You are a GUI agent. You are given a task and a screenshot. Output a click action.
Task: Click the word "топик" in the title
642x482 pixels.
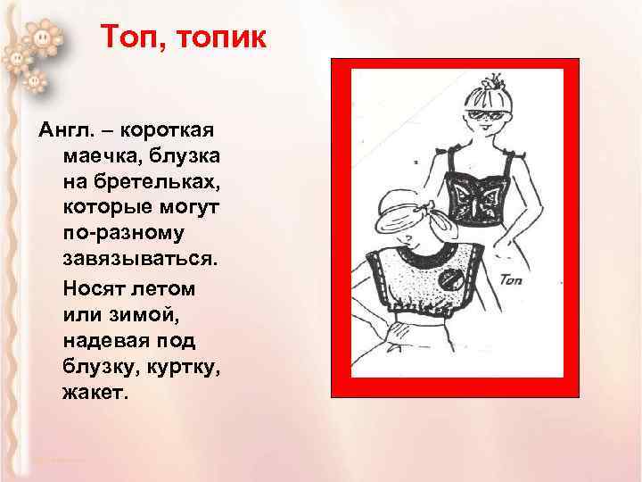(216, 39)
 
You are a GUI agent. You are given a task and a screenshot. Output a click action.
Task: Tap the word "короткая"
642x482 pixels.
(171, 130)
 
